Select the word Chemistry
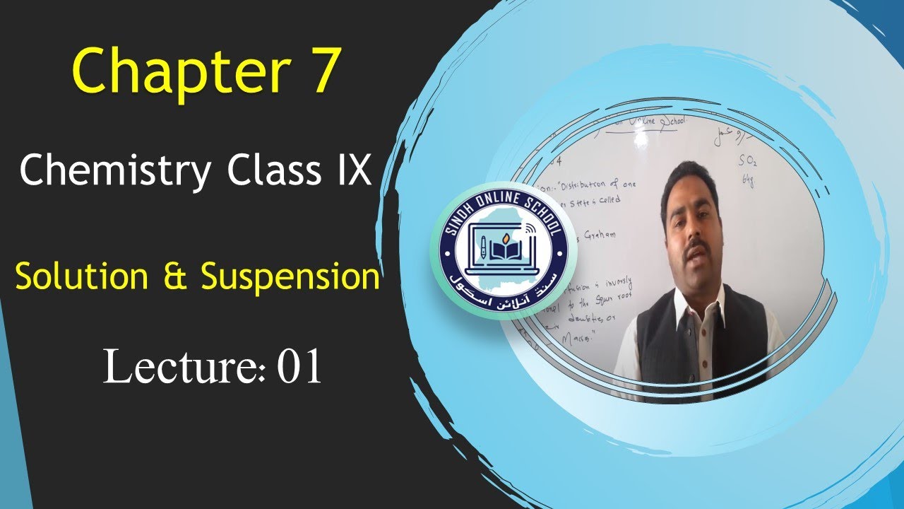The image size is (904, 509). point(114,172)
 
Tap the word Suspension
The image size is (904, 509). point(290,278)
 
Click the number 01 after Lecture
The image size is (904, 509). point(299,368)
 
